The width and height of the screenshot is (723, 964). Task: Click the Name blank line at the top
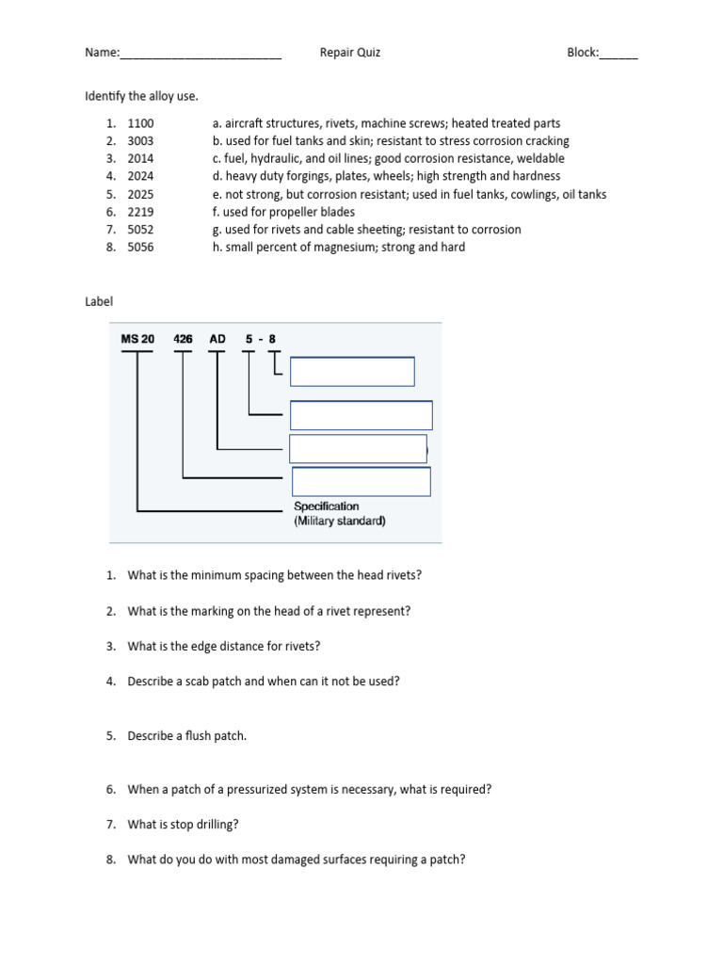(x=201, y=54)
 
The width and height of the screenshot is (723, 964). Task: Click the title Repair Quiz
(x=350, y=53)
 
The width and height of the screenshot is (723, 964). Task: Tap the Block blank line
(x=619, y=54)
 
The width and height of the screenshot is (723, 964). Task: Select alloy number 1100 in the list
(x=140, y=123)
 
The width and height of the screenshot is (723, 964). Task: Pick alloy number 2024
(x=140, y=176)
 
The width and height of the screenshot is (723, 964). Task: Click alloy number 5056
(x=140, y=248)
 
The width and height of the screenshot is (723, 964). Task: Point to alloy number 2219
(x=140, y=212)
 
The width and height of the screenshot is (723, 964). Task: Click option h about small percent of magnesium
(x=339, y=248)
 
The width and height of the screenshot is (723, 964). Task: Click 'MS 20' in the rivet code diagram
(x=137, y=339)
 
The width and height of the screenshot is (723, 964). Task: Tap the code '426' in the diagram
(x=184, y=339)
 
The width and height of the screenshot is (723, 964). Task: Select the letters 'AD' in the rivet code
(x=217, y=339)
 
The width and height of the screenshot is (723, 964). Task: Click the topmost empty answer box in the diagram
(x=352, y=372)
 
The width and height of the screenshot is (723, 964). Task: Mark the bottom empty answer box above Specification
(x=361, y=481)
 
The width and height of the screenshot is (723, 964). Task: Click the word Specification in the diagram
(x=327, y=506)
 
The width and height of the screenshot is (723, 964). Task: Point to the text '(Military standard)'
(x=340, y=521)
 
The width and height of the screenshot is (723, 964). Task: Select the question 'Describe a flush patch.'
(x=187, y=736)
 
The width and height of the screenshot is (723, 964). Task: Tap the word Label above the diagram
(x=99, y=302)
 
